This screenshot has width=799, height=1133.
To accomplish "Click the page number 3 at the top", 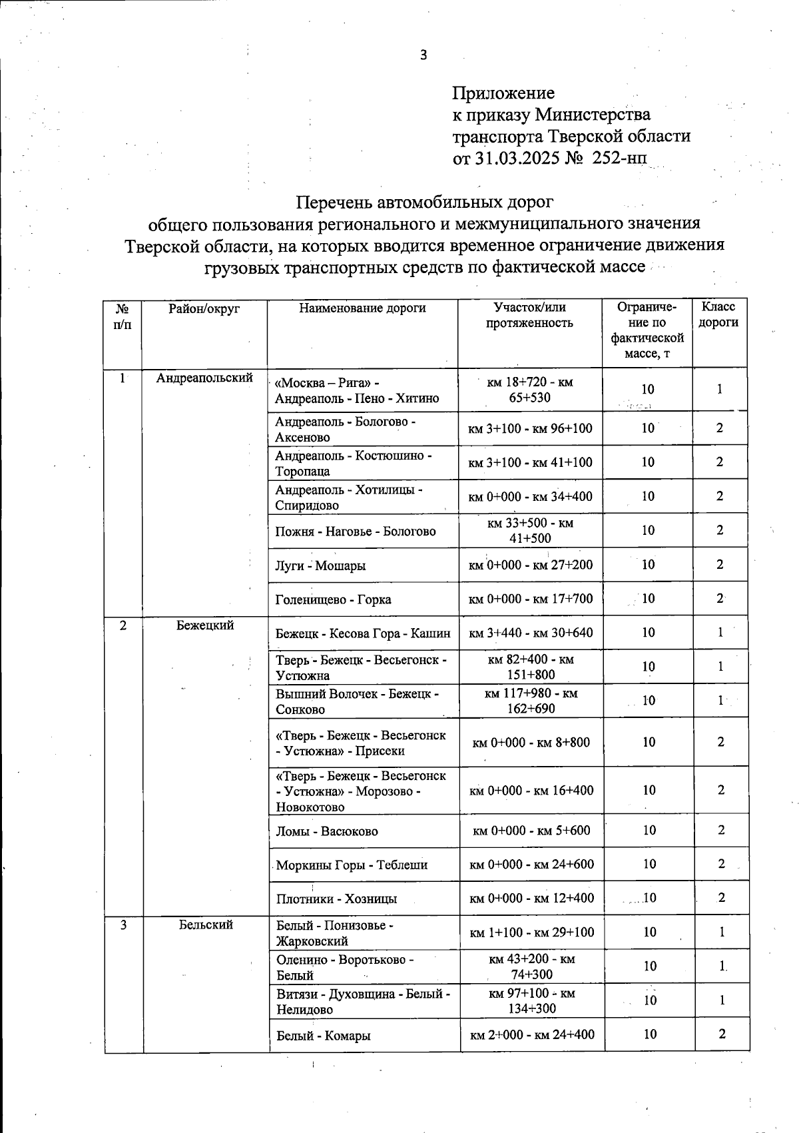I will pos(423,55).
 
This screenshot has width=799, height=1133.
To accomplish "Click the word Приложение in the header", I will pos(503,93).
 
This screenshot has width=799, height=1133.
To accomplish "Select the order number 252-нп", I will pos(619,158).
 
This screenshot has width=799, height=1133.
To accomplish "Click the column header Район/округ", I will pos(204,308).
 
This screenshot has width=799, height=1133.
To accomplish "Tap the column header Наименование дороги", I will pos(362,308).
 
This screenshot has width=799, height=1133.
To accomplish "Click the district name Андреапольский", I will pos(204,378).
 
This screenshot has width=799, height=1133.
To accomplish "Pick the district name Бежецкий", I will pos(205,625).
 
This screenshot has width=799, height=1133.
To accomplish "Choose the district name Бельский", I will pos(206,925).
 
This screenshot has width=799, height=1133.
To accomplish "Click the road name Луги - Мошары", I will pos(320,566).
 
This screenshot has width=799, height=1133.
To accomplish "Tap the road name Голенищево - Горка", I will pos(333,599).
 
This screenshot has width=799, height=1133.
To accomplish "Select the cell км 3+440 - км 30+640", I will pos(531,633).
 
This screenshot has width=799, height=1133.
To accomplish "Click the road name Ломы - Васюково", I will pos(327,831).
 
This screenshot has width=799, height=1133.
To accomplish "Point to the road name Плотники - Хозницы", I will pos(336,899).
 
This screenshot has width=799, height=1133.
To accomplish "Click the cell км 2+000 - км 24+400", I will pos(532,1034).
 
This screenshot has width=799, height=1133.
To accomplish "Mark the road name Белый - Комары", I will pos(324,1036).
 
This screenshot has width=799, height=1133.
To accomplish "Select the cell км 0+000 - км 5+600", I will pos(531,831).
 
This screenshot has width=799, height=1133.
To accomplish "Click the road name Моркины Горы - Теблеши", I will pos(352,865).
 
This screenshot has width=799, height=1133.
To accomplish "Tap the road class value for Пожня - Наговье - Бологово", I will pos(720,531).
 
